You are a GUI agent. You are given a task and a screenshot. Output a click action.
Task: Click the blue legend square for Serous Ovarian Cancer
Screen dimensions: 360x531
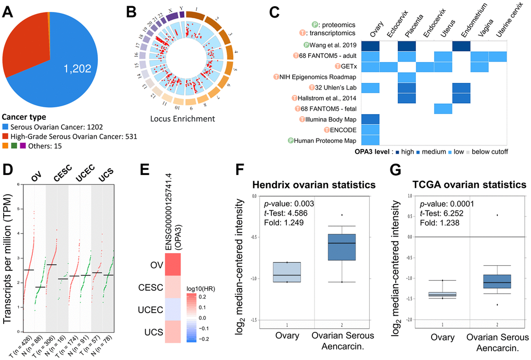point(7,127)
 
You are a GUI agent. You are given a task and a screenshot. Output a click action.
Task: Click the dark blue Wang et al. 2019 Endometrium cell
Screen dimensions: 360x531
point(461,45)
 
